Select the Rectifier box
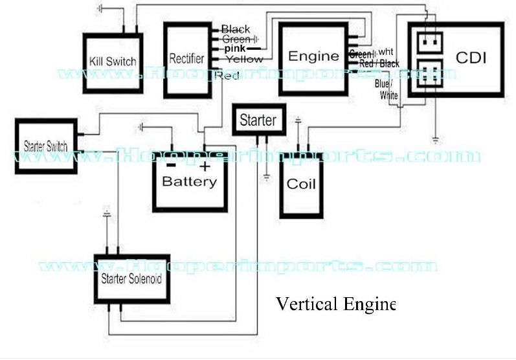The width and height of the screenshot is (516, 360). tap(187, 60)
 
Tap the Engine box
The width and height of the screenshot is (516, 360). tap(313, 56)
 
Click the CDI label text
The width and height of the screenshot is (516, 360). tap(471, 57)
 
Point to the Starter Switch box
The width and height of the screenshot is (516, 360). tap(45, 144)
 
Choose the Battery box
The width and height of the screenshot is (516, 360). tap(189, 181)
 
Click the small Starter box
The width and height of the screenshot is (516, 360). tap(258, 120)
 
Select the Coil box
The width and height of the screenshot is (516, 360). tap(301, 185)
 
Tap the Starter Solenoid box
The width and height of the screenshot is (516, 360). tap(131, 280)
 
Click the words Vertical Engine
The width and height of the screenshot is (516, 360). tap(335, 304)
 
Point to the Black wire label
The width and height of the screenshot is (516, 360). tap(236, 29)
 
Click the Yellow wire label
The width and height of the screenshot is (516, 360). tap(245, 59)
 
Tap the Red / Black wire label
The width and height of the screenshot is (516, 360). tap(379, 63)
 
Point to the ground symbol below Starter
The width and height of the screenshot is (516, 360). tap(266, 175)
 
